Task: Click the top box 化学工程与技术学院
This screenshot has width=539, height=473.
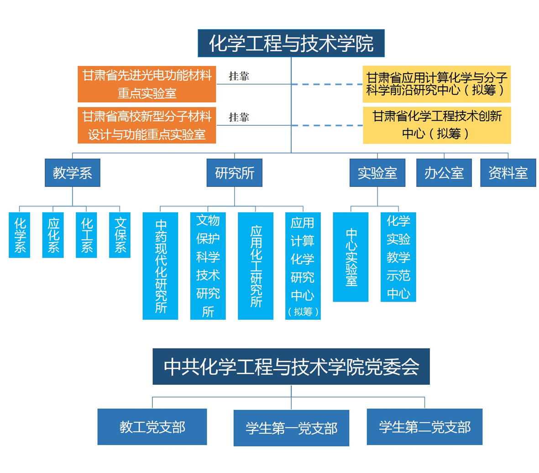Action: [291, 43]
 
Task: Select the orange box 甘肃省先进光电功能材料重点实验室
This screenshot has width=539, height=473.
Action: [147, 84]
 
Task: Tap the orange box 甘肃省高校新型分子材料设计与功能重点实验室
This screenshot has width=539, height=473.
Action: [147, 125]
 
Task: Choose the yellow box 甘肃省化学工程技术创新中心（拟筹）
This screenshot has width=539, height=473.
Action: [436, 125]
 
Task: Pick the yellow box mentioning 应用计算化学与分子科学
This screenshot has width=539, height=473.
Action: [436, 84]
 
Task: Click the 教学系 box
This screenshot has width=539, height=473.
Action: [72, 173]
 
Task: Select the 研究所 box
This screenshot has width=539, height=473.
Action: [234, 173]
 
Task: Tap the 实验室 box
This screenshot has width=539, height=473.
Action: [377, 173]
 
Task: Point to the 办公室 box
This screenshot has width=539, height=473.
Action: [444, 173]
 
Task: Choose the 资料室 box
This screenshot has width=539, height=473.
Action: [508, 173]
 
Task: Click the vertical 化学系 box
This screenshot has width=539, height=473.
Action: [20, 235]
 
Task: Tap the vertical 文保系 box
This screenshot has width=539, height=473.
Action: [120, 235]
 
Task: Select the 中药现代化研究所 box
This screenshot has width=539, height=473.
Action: [160, 266]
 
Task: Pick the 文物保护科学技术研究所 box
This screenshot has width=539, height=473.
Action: [208, 266]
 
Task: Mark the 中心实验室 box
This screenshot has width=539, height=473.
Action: [351, 257]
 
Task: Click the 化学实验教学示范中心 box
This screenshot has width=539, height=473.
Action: [398, 257]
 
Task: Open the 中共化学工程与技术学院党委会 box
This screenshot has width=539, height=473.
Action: [291, 367]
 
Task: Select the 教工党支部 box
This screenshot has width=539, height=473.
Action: [152, 427]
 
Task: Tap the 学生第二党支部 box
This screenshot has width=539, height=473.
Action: [424, 427]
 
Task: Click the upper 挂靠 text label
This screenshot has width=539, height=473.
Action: [239, 76]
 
